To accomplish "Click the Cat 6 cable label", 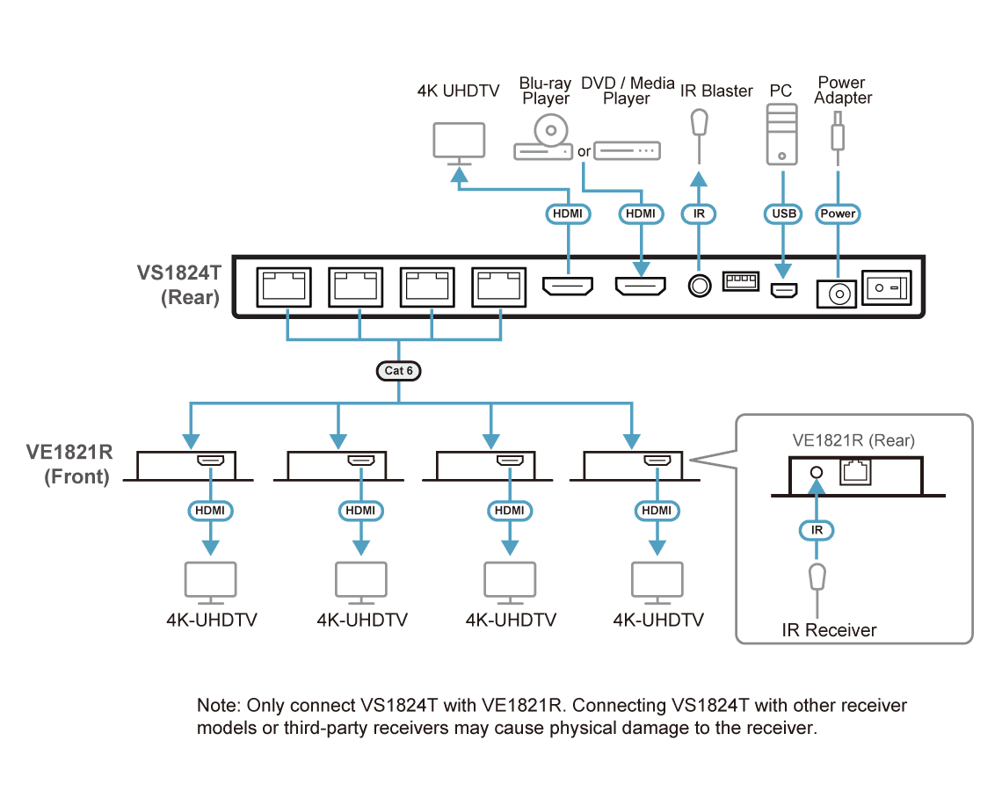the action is (x=398, y=371).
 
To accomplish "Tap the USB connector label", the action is (x=783, y=214).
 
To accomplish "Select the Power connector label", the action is (x=838, y=214).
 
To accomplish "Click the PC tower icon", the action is (x=781, y=134).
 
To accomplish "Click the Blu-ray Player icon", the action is (x=544, y=137).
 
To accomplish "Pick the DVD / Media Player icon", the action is (x=627, y=151).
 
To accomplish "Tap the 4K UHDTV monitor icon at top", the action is (x=459, y=143).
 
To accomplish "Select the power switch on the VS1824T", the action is (x=886, y=287).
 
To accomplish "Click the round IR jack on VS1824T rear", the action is (x=699, y=286).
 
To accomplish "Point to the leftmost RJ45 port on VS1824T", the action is (x=284, y=287).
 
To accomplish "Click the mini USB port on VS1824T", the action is (x=783, y=291).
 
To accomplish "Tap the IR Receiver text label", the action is (x=829, y=630).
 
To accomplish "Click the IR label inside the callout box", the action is (x=817, y=530).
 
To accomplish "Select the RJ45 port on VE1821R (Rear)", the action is (x=856, y=472).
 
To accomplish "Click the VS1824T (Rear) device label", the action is (x=179, y=285).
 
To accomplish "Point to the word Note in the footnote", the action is (x=217, y=705).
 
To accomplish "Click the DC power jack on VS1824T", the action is (x=837, y=294).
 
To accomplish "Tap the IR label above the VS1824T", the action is (x=699, y=214).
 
